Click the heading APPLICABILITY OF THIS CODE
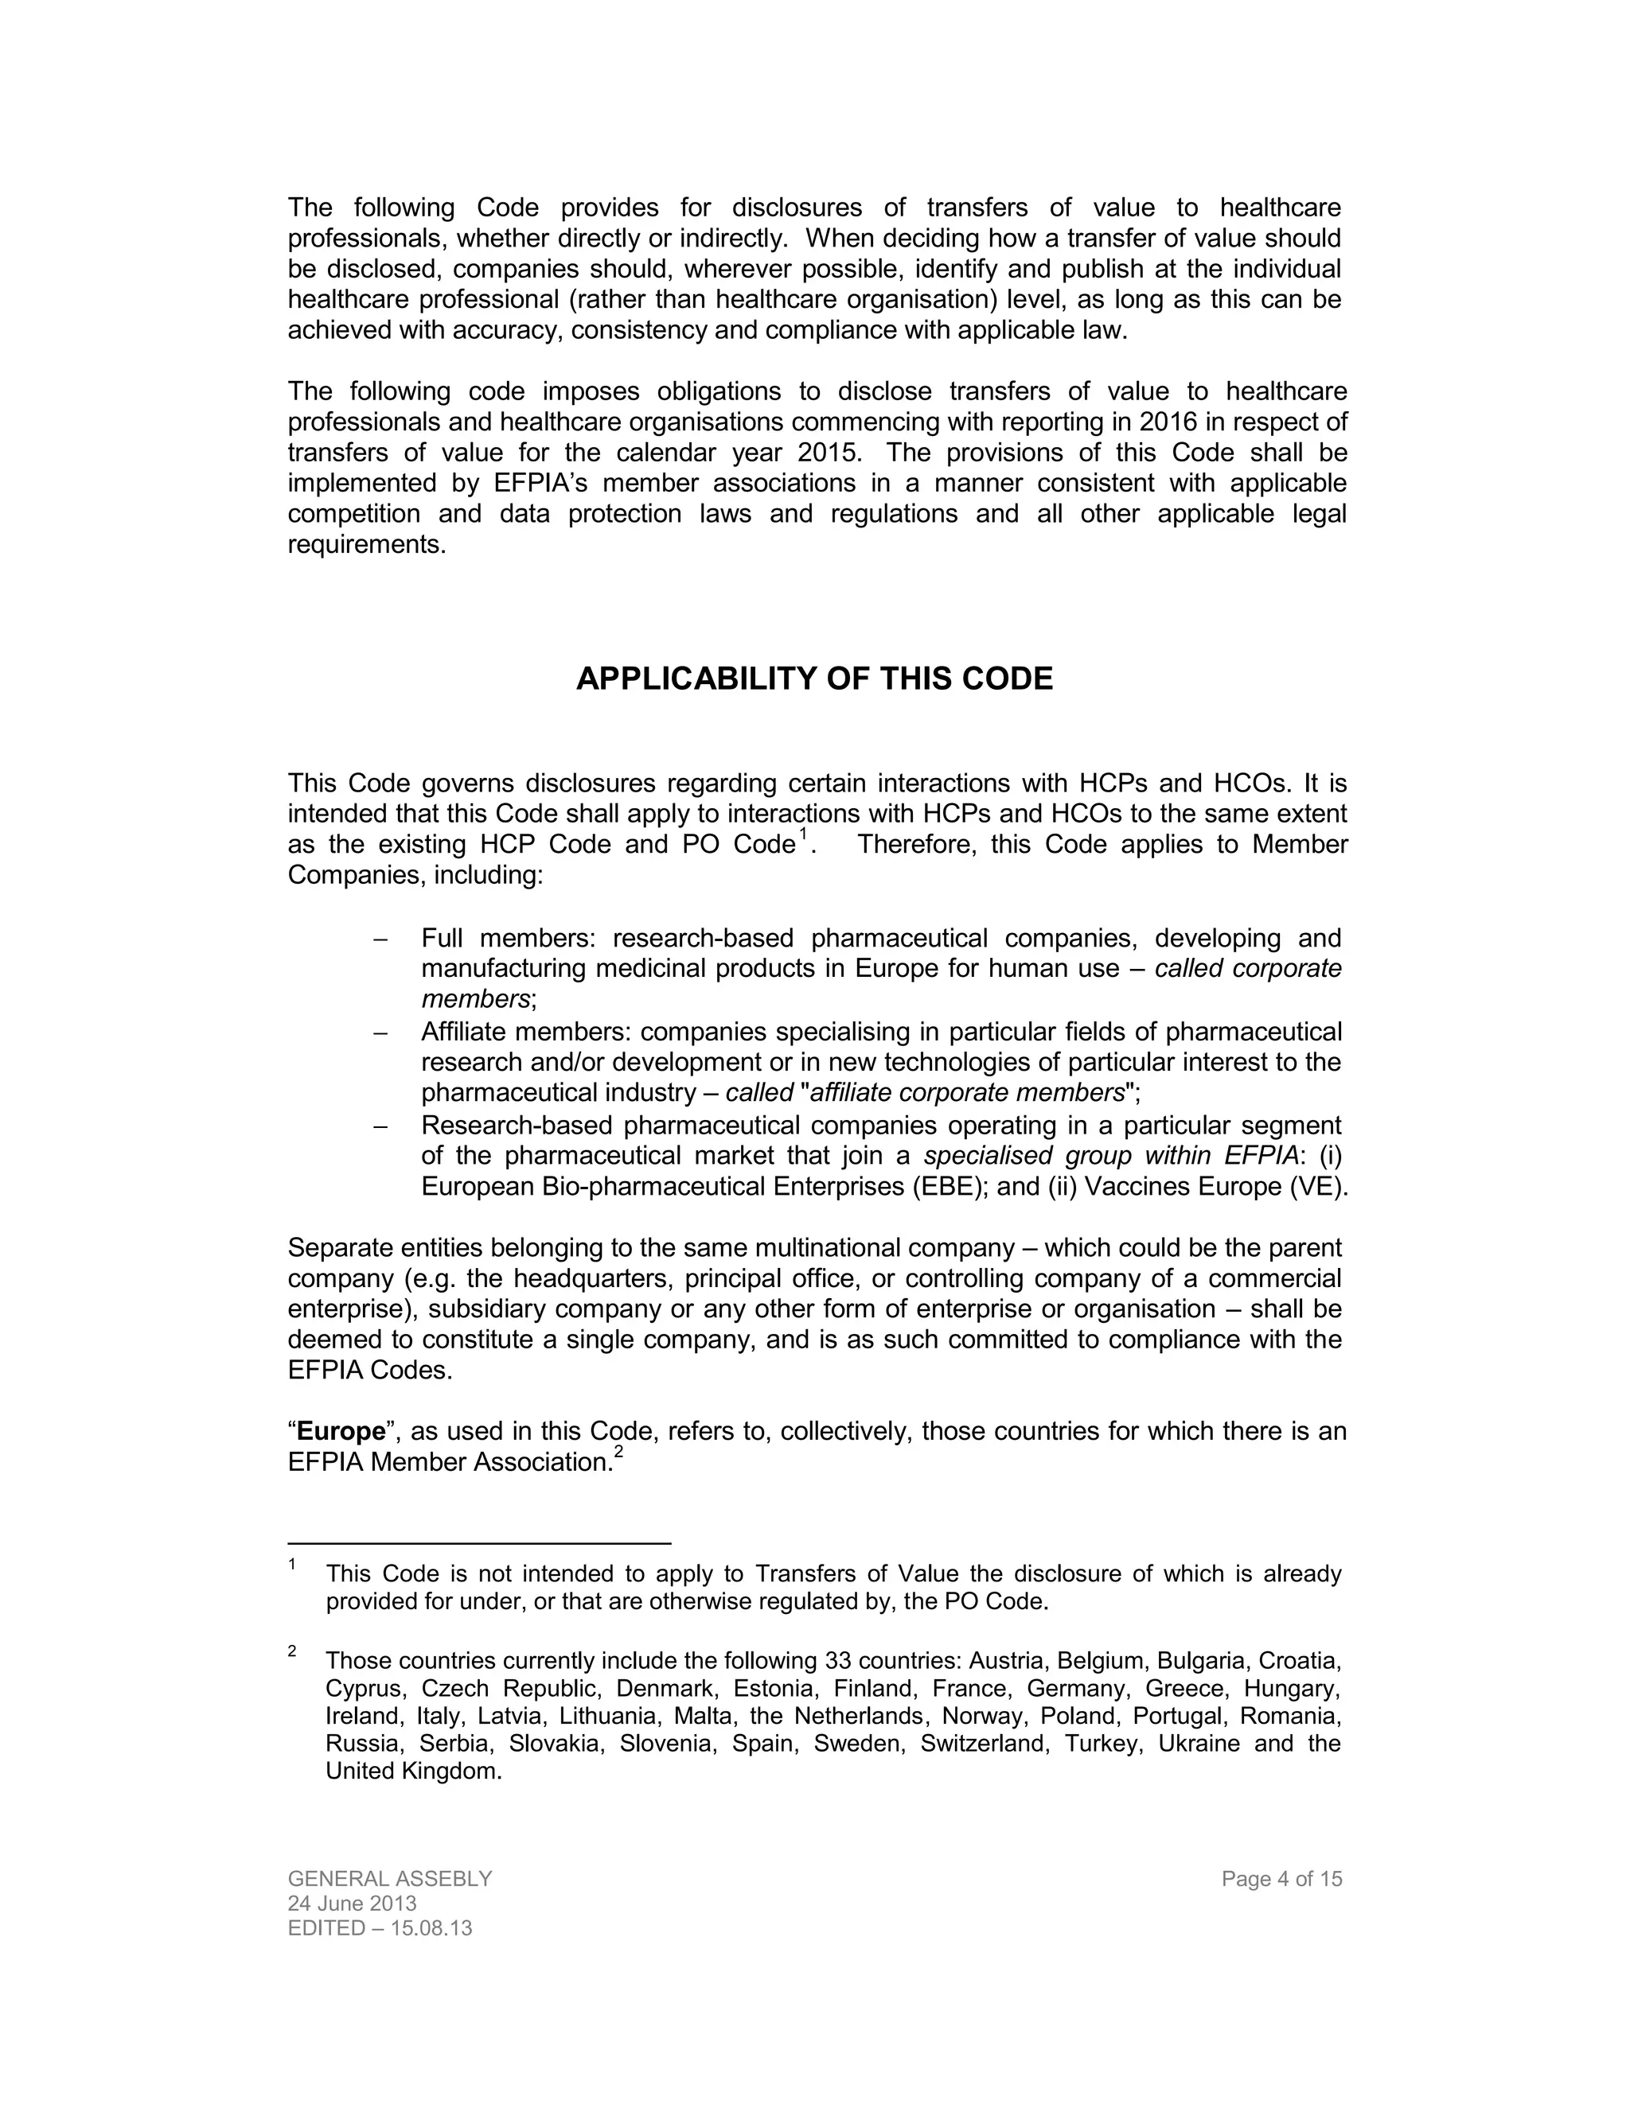pos(814,679)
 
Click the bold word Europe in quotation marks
pos(341,1431)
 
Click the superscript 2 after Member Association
pos(619,1453)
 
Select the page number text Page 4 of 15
pos(1281,1879)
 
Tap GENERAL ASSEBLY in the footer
pos(390,1879)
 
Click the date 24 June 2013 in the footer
pos(353,1904)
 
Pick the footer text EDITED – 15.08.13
pos(380,1928)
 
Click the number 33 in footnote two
pos(838,1661)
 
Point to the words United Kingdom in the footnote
pos(412,1772)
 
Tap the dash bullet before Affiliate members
pos(380,1033)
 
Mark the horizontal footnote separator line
pos(479,1543)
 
